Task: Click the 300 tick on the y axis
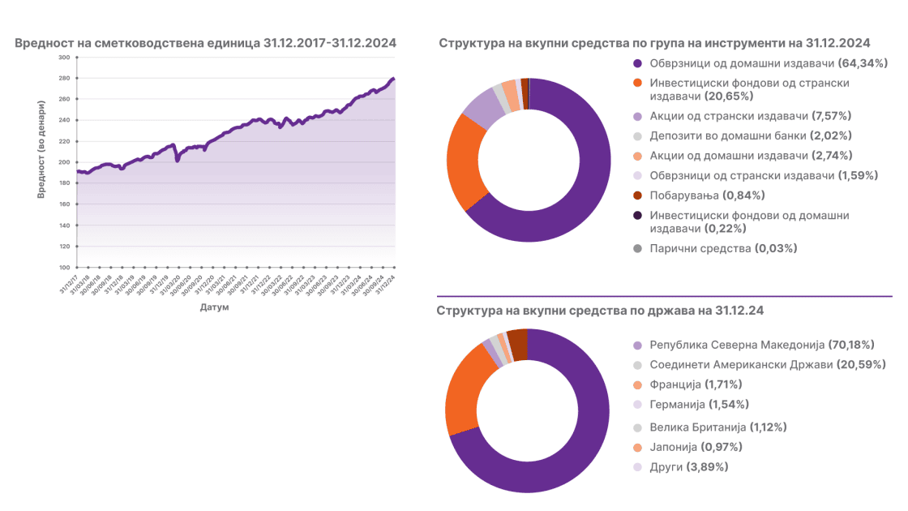click(64, 58)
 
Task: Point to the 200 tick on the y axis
click(64, 162)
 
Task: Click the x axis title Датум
click(214, 308)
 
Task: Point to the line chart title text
click(206, 43)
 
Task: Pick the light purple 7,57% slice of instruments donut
click(482, 107)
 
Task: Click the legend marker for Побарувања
click(637, 195)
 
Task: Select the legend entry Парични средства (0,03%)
click(723, 248)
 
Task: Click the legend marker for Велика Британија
click(637, 427)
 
